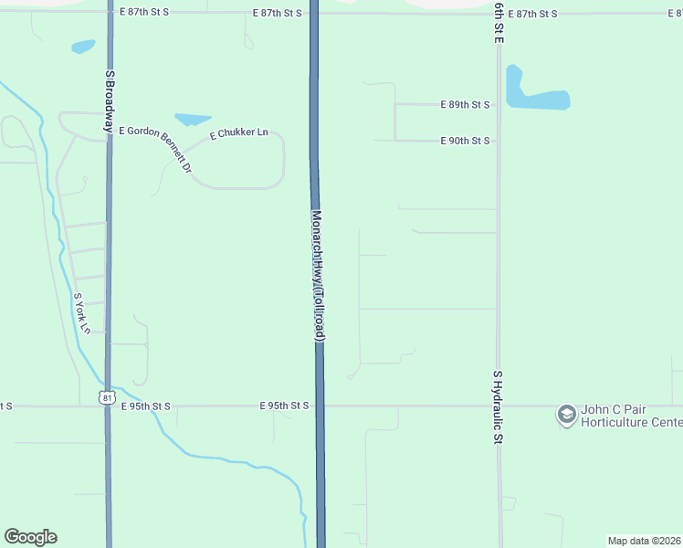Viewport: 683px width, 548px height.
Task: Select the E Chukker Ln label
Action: point(238,134)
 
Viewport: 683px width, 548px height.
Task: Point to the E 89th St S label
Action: point(465,105)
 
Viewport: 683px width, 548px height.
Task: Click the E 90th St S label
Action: point(465,142)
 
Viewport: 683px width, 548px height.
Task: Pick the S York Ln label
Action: point(82,312)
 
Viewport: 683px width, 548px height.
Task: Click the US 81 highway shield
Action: point(108,397)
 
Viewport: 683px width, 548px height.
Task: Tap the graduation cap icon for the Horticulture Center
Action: point(566,415)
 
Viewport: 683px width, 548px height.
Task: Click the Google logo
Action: point(30,537)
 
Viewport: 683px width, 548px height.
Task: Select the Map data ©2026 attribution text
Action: point(644,540)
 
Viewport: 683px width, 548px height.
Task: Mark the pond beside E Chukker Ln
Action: point(193,119)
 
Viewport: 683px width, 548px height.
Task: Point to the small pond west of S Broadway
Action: point(83,46)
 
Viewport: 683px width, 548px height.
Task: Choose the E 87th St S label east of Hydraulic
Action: point(533,15)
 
